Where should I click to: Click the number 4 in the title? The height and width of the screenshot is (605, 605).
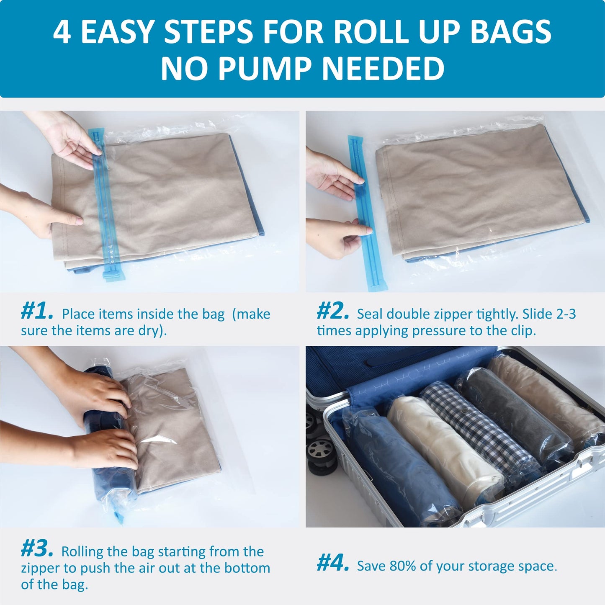click(x=62, y=33)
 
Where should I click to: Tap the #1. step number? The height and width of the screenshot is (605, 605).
click(x=37, y=312)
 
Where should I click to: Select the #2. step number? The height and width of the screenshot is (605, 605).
click(x=333, y=312)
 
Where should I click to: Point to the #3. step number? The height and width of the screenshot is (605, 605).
click(x=37, y=549)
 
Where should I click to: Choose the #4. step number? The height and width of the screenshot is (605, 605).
click(x=333, y=564)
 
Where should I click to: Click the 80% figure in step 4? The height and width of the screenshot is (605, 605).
click(x=403, y=566)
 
